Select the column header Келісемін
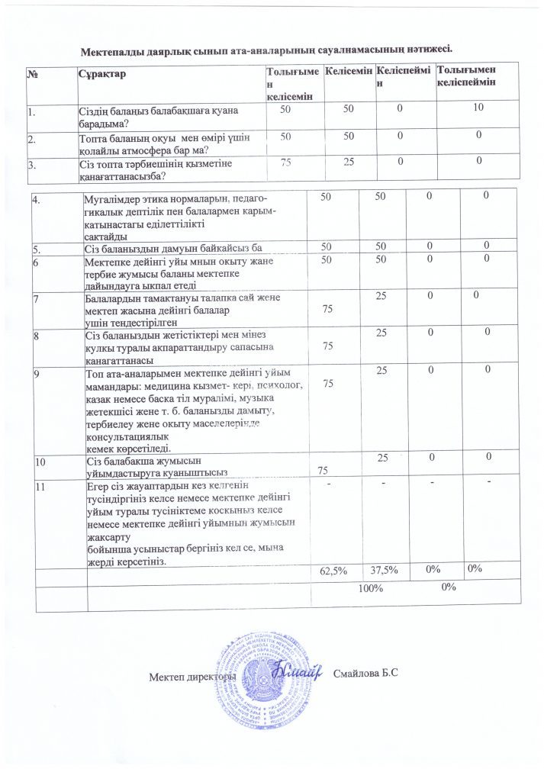[348, 71]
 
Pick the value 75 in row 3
[286, 161]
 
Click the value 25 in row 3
[349, 161]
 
